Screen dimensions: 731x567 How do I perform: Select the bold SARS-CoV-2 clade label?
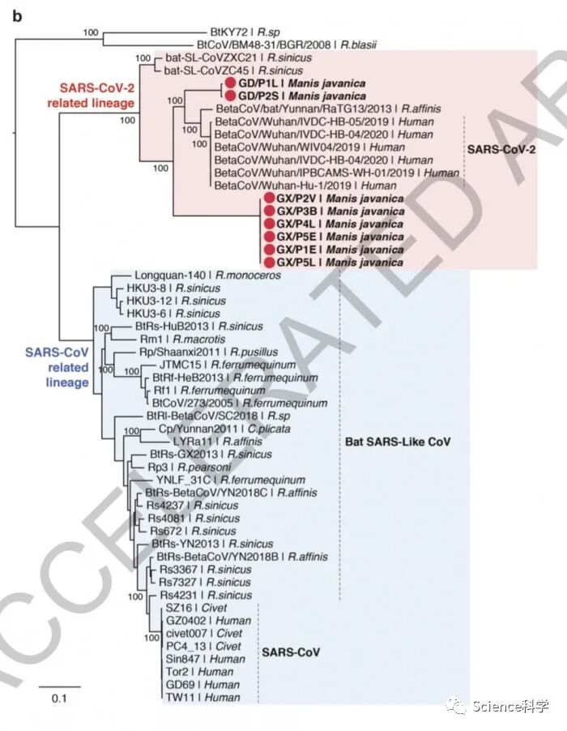point(505,150)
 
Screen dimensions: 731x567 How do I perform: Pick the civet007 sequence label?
point(202,632)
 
